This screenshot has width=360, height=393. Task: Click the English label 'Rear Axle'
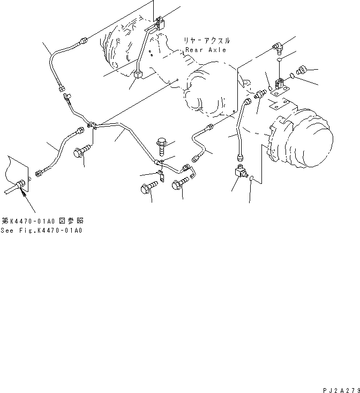pyautogui.click(x=206, y=50)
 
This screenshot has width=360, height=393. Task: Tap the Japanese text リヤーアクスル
pyautogui.click(x=207, y=41)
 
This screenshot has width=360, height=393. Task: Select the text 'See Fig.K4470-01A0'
pyautogui.click(x=41, y=231)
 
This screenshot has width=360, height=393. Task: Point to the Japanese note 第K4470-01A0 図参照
pyautogui.click(x=42, y=221)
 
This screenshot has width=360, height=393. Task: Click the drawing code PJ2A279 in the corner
pyautogui.click(x=341, y=390)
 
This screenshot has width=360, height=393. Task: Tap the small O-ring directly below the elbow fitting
pyautogui.click(x=279, y=60)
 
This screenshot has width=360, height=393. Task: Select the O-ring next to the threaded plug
pyautogui.click(x=292, y=76)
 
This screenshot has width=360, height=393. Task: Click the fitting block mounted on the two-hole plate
pyautogui.click(x=280, y=84)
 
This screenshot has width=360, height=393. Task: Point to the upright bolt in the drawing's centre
pyautogui.click(x=162, y=146)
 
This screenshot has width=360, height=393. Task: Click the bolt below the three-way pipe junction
pyautogui.click(x=81, y=151)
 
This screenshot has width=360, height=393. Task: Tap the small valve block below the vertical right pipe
pyautogui.click(x=241, y=172)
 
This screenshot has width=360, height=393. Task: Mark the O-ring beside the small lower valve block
pyautogui.click(x=252, y=178)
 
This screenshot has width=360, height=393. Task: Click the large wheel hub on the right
pyautogui.click(x=301, y=138)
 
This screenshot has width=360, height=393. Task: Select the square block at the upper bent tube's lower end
pyautogui.click(x=138, y=74)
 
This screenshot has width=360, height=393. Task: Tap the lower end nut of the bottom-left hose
pyautogui.click(x=39, y=173)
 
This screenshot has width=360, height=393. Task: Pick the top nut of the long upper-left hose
pyautogui.click(x=84, y=40)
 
